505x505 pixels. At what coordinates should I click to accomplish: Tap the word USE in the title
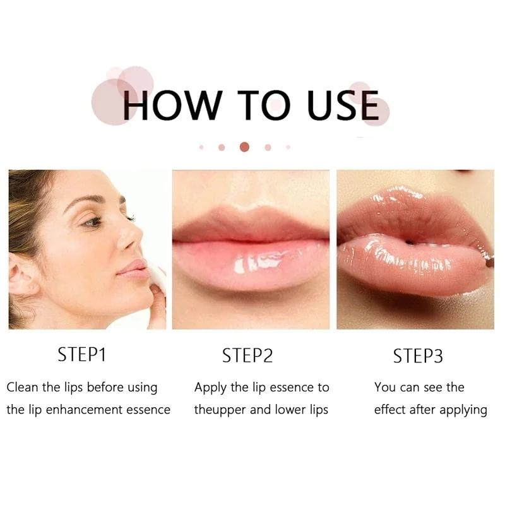[343, 105]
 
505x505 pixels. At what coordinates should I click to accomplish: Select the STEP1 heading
[82, 355]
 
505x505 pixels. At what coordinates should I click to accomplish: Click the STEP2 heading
[247, 356]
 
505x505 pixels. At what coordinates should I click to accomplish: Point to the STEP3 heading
[418, 356]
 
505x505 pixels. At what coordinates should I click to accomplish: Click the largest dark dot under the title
[244, 147]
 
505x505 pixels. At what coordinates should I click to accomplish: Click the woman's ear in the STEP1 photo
[21, 275]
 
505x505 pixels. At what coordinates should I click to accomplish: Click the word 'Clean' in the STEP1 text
[22, 387]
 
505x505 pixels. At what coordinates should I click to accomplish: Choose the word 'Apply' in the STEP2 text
[210, 388]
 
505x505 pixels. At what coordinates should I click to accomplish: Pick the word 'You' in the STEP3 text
[384, 387]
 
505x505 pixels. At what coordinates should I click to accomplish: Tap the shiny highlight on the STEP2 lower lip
[258, 261]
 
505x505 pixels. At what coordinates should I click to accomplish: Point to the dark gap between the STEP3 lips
[409, 242]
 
